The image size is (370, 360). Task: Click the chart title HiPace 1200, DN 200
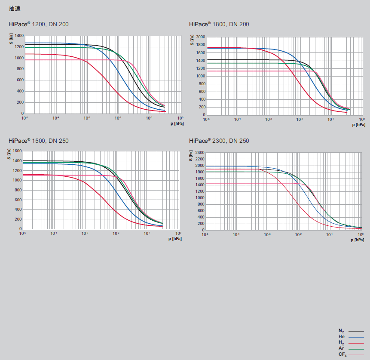coord(38,24)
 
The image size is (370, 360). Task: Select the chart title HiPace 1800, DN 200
coord(219,24)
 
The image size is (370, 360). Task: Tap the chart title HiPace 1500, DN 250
coord(38,141)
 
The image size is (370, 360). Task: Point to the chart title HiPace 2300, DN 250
coord(219,141)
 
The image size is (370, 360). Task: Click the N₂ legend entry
coord(341,331)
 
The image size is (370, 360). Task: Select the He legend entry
coord(341,336)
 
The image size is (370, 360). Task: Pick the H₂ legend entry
coord(341,342)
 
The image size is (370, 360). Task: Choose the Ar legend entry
coord(341,348)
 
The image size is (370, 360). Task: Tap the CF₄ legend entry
coord(342,354)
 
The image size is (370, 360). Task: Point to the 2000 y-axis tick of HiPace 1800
coord(201,37)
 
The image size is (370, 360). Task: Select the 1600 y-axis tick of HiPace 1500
coord(17,151)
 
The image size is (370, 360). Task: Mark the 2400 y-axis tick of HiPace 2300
coord(199,153)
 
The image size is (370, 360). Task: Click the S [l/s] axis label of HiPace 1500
coord(9,154)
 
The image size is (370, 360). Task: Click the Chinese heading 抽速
coord(15,9)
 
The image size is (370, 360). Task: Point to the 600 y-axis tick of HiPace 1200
coord(20,80)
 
